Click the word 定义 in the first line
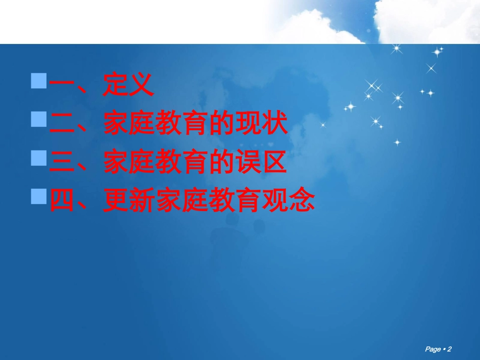pos(128,86)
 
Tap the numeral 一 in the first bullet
pos(62,86)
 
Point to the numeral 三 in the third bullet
pos(62,164)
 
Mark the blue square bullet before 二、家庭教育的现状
pos(39,120)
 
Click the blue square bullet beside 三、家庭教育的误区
pos(39,158)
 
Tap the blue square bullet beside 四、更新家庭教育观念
pos(39,196)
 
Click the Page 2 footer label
pos(438,349)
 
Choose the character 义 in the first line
pos(141,86)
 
